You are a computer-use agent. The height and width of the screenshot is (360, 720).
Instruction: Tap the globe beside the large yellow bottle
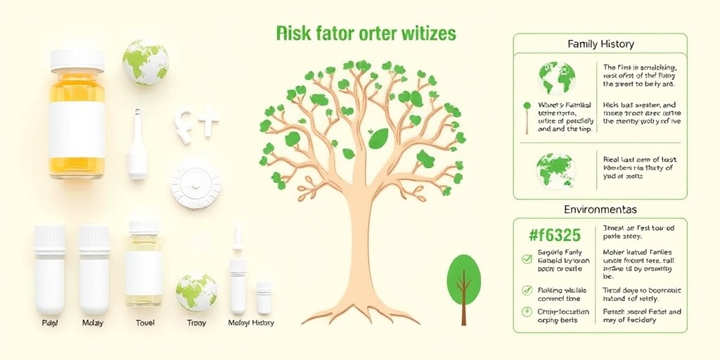pyautogui.click(x=146, y=62)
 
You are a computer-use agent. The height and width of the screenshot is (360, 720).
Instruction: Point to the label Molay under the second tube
pyautogui.click(x=92, y=323)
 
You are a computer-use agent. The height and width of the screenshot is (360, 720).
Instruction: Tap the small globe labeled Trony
pyautogui.click(x=196, y=292)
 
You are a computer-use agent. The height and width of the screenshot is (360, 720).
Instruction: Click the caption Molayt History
pyautogui.click(x=251, y=323)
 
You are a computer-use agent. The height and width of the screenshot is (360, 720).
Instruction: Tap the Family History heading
pyautogui.click(x=600, y=44)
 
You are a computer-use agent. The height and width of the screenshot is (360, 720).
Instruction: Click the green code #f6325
pyautogui.click(x=556, y=236)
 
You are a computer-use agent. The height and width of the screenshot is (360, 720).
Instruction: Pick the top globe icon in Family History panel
pyautogui.click(x=556, y=78)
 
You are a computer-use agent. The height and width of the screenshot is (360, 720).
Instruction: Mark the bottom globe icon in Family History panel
pyautogui.click(x=555, y=169)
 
